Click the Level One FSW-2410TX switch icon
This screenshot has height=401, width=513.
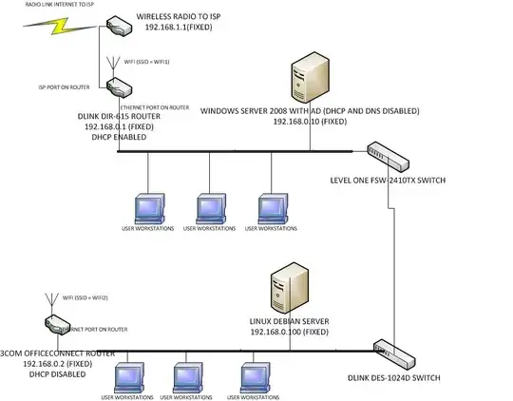pyautogui.click(x=388, y=150)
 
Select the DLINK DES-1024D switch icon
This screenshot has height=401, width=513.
pyautogui.click(x=389, y=351)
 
